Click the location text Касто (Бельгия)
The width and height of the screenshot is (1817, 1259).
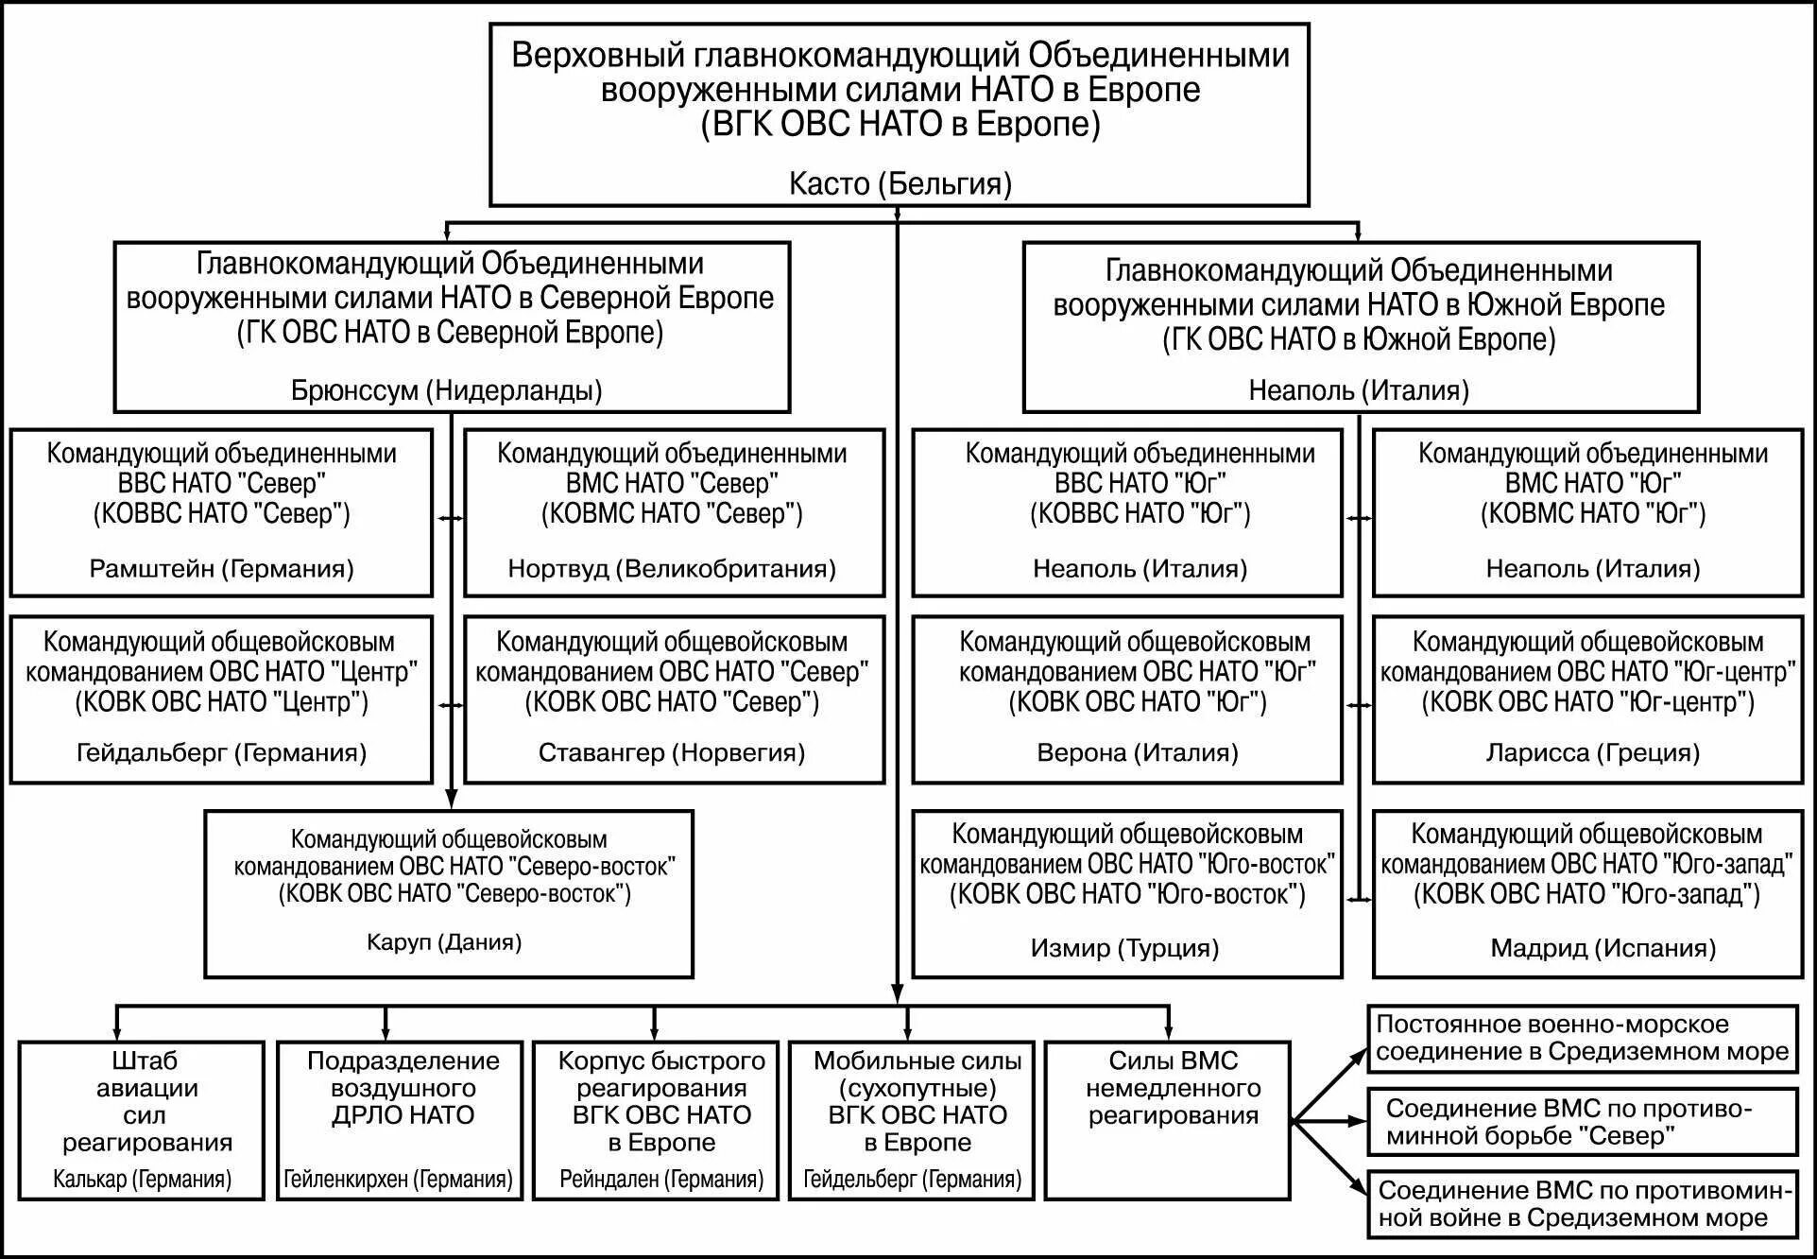900,183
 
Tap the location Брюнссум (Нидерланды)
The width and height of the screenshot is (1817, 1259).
446,389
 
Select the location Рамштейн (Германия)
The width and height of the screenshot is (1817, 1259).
221,568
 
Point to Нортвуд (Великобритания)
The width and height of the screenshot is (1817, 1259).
672,568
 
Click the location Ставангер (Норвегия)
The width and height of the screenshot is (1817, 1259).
672,752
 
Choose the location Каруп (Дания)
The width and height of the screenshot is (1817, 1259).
444,941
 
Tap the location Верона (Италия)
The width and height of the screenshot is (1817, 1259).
1138,752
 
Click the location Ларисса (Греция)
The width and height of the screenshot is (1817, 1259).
1592,752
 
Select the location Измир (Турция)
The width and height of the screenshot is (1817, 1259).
1124,948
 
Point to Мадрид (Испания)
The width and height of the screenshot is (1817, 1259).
1603,948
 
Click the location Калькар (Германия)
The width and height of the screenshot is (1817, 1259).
142,1179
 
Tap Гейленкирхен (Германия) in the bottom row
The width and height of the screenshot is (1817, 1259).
398,1179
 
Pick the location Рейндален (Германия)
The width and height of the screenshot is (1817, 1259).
661,1179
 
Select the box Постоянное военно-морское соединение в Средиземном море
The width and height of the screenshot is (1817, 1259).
1582,1038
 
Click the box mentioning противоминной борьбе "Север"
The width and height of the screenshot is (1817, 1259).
1582,1121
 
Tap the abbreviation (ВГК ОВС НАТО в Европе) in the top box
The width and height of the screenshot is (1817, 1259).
900,125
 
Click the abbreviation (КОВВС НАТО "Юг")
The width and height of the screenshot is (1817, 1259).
1140,513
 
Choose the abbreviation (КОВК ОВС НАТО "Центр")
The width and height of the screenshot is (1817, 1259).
221,702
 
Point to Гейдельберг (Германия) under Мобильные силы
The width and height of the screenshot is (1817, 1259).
912,1179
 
